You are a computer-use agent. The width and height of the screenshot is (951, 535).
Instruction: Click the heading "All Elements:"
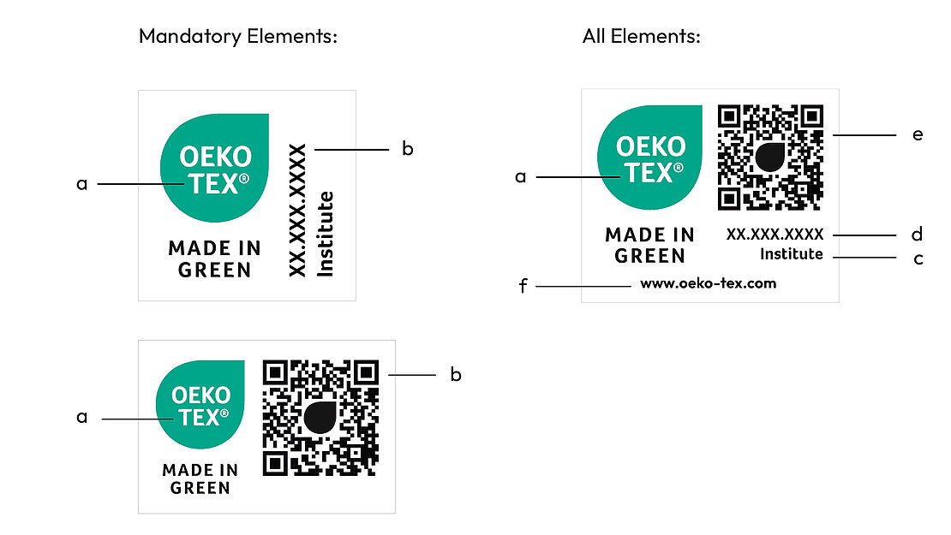click(x=642, y=37)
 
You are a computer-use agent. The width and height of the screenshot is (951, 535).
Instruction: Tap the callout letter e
click(x=918, y=134)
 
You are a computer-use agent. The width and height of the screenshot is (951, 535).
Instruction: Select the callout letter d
click(x=917, y=234)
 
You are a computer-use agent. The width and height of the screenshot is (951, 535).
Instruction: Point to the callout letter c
click(x=918, y=258)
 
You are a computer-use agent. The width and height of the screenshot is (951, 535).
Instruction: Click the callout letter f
click(x=523, y=286)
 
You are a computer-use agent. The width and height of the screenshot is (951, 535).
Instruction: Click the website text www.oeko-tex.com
click(x=708, y=283)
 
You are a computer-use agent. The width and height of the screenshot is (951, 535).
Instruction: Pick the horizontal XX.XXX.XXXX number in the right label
click(x=775, y=234)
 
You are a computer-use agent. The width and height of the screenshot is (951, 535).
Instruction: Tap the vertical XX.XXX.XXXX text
click(x=297, y=211)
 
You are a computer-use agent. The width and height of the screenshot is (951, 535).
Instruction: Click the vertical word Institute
click(x=326, y=234)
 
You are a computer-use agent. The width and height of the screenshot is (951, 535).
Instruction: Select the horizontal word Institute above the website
click(x=791, y=254)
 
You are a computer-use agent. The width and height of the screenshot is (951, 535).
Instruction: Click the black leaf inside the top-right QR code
click(x=771, y=158)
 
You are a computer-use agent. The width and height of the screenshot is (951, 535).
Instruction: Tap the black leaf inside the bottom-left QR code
click(x=320, y=418)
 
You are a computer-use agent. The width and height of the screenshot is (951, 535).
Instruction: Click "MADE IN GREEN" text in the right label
click(x=649, y=245)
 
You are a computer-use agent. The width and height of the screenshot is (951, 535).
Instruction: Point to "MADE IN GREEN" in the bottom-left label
click(x=200, y=479)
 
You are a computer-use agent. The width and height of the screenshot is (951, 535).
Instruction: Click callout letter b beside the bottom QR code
click(x=456, y=375)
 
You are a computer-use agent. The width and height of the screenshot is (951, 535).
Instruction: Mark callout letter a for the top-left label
click(x=82, y=183)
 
